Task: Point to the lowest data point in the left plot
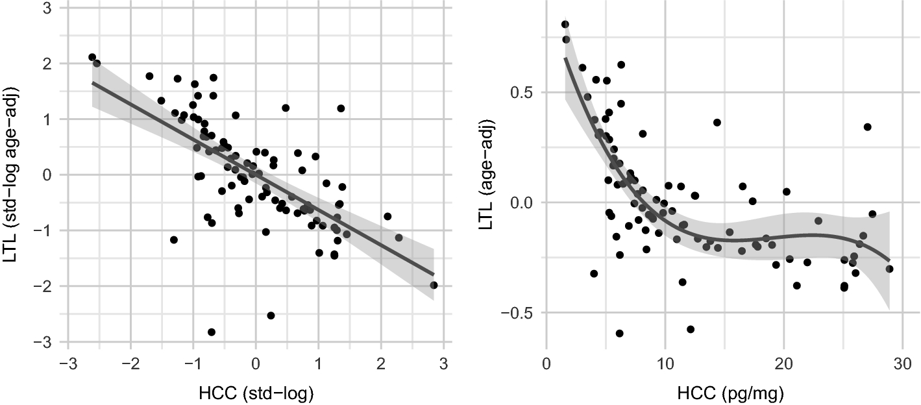pyautogui.click(x=212, y=332)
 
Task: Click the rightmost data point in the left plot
pyautogui.click(x=434, y=285)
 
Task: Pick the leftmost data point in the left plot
pyautogui.click(x=92, y=57)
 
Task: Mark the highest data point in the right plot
pyautogui.click(x=565, y=25)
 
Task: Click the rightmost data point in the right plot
pyautogui.click(x=889, y=269)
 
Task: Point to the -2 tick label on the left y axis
pyautogui.click(x=45, y=286)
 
